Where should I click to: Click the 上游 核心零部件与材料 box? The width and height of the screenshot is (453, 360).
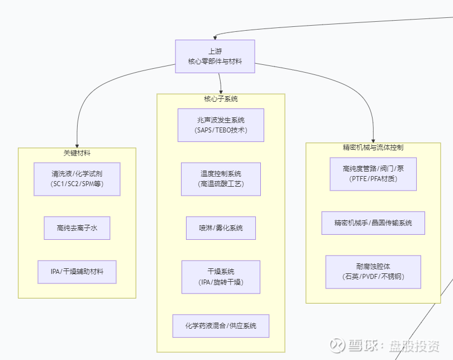click(x=215, y=56)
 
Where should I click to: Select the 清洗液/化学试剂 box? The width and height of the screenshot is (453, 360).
click(x=77, y=179)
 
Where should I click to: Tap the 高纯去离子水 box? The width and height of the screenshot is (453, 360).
click(x=77, y=228)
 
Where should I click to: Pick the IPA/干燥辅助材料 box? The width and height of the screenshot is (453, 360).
click(x=77, y=272)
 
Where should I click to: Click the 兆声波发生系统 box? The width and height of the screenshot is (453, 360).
click(x=221, y=125)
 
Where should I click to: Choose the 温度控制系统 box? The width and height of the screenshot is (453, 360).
click(x=221, y=179)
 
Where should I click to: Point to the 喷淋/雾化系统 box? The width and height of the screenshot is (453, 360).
click(x=221, y=228)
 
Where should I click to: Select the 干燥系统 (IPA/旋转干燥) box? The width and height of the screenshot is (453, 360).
click(x=221, y=277)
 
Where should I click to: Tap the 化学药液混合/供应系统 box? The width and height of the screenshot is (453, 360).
click(x=221, y=326)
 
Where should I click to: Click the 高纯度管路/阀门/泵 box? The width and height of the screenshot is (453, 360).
click(x=373, y=174)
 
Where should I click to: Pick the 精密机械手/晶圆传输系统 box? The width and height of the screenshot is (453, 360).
click(x=373, y=222)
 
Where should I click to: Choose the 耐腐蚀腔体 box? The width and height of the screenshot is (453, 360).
click(x=373, y=272)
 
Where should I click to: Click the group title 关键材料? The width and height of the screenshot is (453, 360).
click(x=77, y=152)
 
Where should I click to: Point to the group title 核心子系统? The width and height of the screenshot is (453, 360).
click(x=221, y=99)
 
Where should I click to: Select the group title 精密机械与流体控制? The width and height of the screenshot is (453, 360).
click(x=373, y=148)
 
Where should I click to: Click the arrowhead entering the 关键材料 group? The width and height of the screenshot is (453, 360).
click(x=77, y=145)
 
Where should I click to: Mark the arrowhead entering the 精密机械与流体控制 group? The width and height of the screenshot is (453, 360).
click(x=373, y=140)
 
